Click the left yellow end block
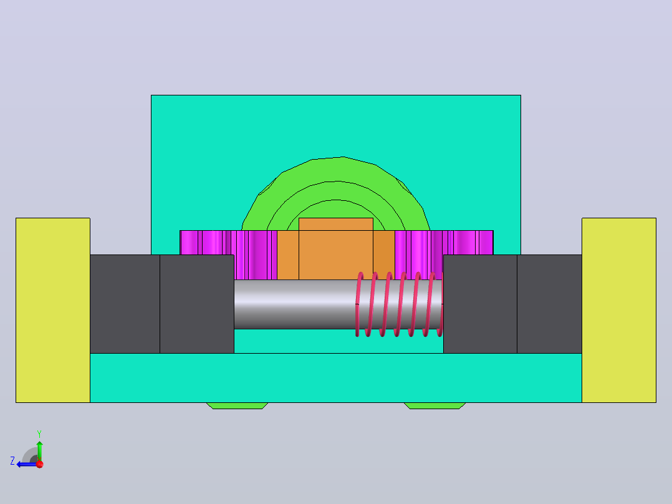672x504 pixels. [53, 310]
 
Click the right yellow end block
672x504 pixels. [619, 310]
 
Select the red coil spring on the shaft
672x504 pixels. [400, 304]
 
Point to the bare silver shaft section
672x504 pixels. [295, 304]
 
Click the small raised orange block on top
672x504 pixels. [335, 225]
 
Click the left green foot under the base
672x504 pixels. [238, 406]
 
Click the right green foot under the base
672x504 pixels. [434, 406]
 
